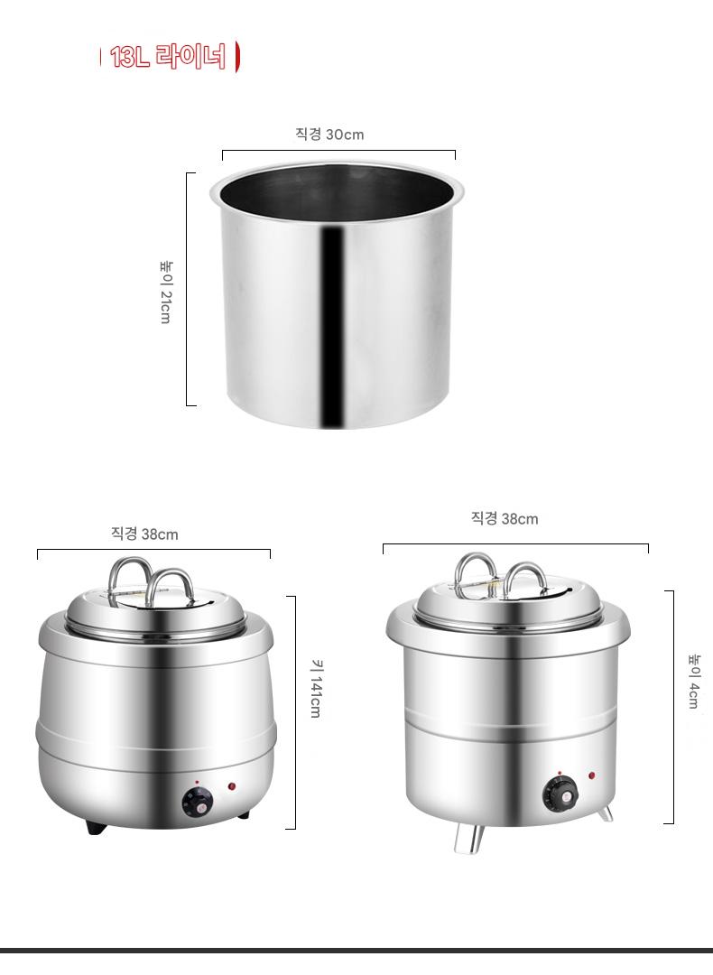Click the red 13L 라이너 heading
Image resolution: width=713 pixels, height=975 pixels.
click(168, 57)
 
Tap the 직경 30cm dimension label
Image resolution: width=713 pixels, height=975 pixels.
click(329, 135)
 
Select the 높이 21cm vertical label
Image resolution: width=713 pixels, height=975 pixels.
click(166, 292)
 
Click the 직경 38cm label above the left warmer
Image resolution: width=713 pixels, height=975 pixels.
click(144, 534)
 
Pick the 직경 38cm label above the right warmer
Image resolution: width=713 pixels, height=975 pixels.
click(505, 518)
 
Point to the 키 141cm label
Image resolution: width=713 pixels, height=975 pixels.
click(316, 688)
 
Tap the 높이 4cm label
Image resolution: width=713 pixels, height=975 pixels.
click(694, 681)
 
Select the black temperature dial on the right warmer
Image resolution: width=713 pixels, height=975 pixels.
click(560, 794)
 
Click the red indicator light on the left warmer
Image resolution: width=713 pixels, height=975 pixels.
click(232, 786)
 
